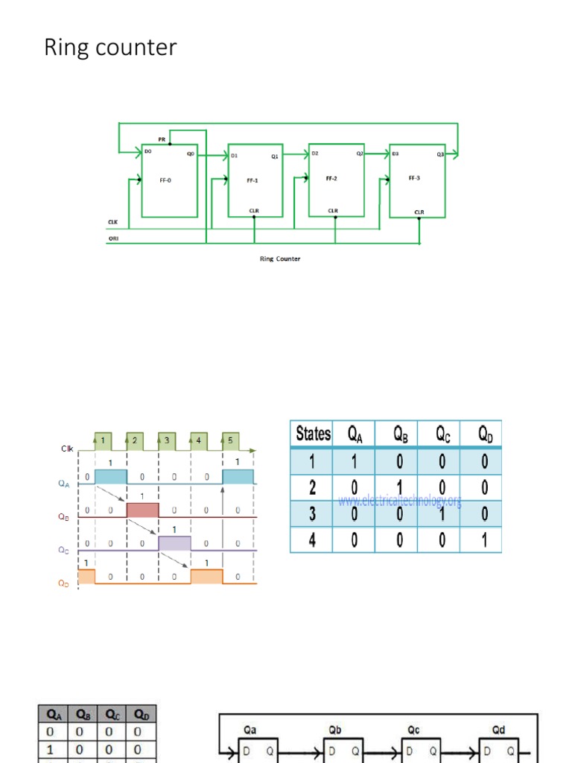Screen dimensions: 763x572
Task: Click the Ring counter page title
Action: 111,48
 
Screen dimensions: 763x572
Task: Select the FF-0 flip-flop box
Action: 170,180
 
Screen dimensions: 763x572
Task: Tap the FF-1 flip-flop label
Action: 252,180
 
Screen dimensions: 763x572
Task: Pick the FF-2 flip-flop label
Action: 332,179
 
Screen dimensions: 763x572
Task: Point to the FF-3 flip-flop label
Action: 415,178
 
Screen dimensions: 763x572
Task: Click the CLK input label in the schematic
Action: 113,222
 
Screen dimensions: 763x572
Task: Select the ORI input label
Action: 113,239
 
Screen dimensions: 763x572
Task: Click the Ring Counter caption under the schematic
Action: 279,259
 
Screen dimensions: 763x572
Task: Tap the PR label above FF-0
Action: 162,139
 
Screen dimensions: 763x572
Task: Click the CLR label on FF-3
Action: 419,212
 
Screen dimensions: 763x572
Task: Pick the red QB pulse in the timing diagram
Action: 142,510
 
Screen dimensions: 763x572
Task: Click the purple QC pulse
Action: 174,543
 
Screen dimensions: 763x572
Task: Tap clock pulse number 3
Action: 167,441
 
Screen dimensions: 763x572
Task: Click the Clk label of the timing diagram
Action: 68,449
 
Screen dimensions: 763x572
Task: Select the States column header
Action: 313,434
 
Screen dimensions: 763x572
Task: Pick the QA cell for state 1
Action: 354,461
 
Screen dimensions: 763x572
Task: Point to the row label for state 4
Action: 313,539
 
